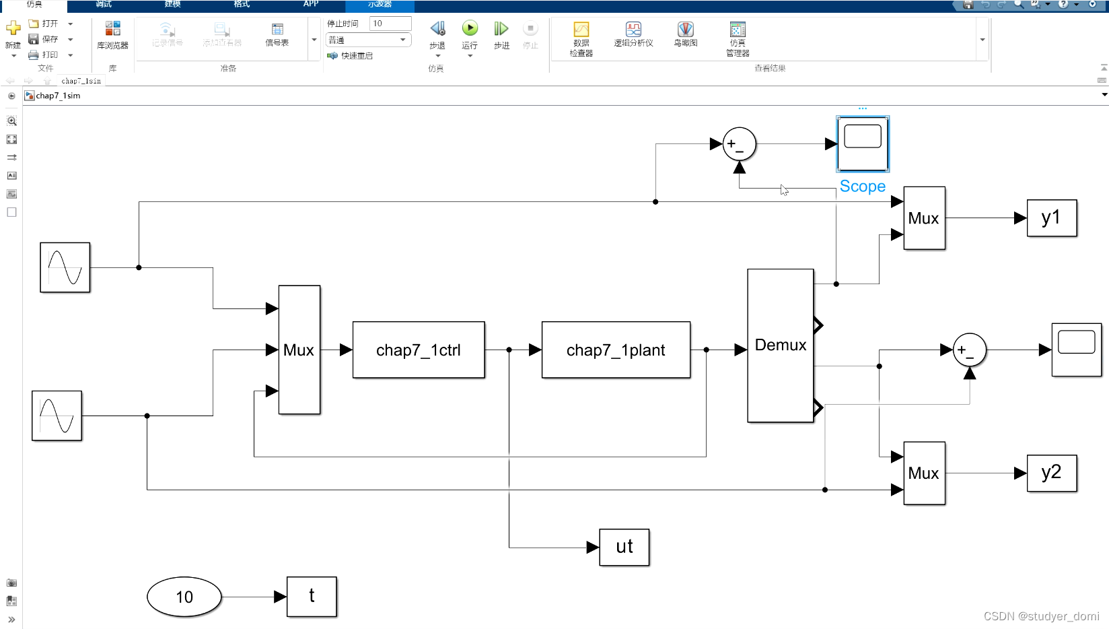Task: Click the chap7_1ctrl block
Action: click(x=418, y=350)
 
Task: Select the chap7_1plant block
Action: click(x=615, y=350)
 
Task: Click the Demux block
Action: click(x=780, y=345)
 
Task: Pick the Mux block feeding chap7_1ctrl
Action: click(x=299, y=350)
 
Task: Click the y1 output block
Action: click(x=1051, y=218)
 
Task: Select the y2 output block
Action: click(x=1051, y=473)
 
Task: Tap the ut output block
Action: click(x=624, y=547)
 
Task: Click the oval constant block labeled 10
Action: click(x=184, y=597)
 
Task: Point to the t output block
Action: click(x=311, y=597)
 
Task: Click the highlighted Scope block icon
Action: click(x=862, y=143)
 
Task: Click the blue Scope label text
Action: click(x=862, y=187)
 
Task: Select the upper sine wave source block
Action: click(x=65, y=267)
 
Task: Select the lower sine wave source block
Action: click(x=57, y=416)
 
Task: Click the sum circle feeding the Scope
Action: click(x=739, y=144)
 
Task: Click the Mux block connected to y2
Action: click(x=924, y=473)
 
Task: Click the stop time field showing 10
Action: click(x=390, y=24)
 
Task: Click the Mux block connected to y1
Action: click(x=924, y=218)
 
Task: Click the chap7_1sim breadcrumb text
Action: click(x=58, y=96)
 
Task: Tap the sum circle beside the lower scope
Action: click(x=969, y=350)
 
